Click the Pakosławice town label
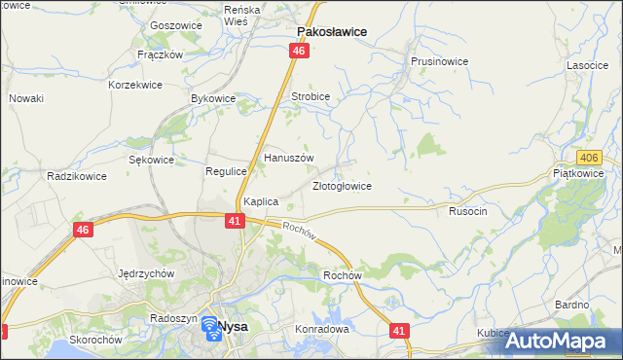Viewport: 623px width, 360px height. [331, 31]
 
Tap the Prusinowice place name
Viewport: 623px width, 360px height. [440, 61]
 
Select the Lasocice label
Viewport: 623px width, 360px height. [588, 65]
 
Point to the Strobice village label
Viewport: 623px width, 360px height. [311, 97]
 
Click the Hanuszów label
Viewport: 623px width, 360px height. [289, 158]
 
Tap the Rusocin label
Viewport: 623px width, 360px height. [467, 210]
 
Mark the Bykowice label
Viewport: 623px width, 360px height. [214, 98]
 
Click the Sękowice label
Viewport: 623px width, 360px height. [151, 160]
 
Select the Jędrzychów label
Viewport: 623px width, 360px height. [145, 273]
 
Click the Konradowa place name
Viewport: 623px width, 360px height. [321, 329]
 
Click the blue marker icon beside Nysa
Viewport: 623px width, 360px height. [210, 329]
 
